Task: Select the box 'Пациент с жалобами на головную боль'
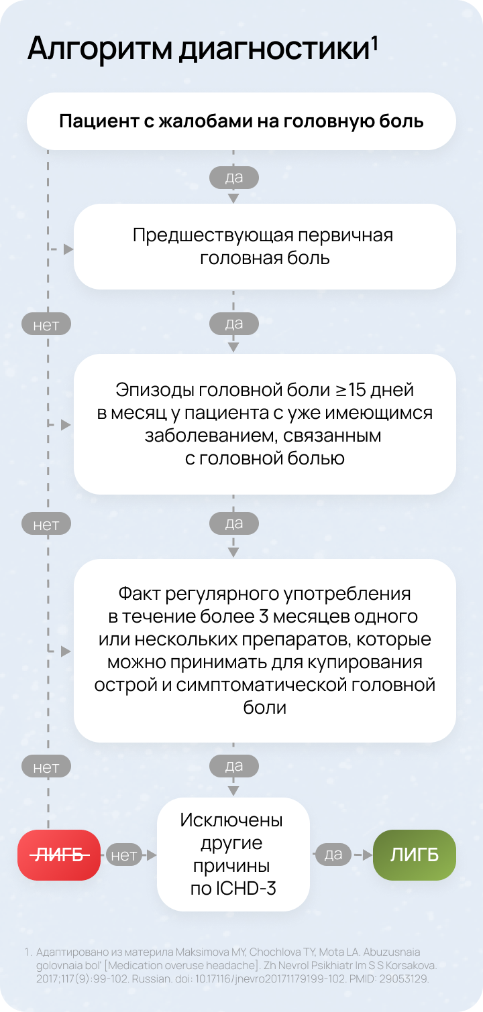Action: tap(241, 121)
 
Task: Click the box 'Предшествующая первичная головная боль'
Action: tap(264, 247)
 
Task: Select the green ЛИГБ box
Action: tap(415, 855)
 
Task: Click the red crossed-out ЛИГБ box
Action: tap(59, 855)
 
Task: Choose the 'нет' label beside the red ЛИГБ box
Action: tap(123, 855)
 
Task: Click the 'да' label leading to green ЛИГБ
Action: tap(333, 855)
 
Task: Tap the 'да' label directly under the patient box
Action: tap(233, 178)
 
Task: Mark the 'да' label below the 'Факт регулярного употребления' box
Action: tap(233, 765)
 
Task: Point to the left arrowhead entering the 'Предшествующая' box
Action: tap(68, 249)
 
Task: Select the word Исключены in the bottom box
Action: tap(231, 820)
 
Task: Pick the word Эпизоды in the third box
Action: tap(148, 390)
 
